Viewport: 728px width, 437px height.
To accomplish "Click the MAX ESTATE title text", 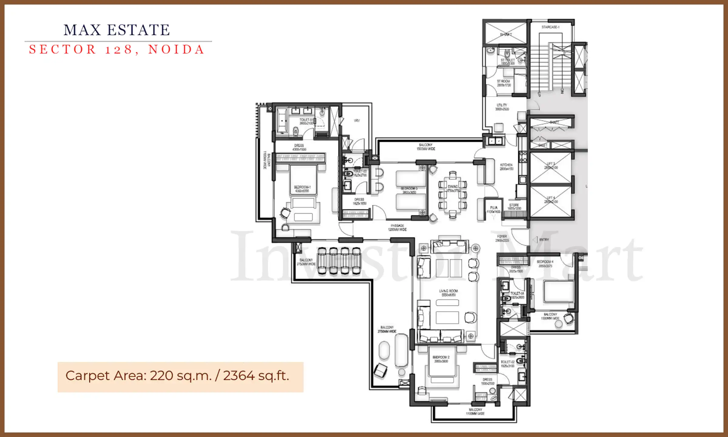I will (x=117, y=30).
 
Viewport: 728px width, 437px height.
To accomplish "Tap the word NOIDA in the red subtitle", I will (x=176, y=49).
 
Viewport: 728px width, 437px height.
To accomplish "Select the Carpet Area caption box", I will (x=180, y=377).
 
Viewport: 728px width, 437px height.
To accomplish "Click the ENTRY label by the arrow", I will (x=544, y=240).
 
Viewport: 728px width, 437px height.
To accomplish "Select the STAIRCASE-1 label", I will (x=550, y=27).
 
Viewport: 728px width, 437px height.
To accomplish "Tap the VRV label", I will (x=357, y=121).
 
